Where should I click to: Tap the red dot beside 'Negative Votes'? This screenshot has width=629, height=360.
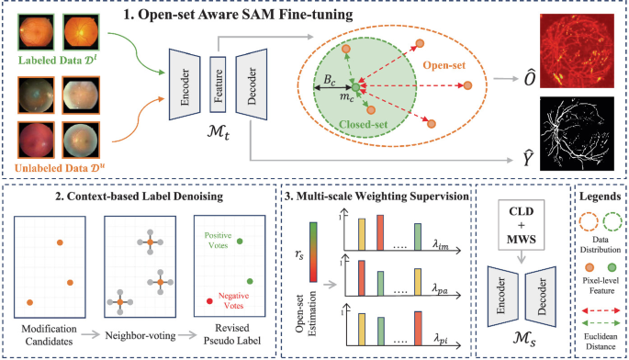212,300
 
